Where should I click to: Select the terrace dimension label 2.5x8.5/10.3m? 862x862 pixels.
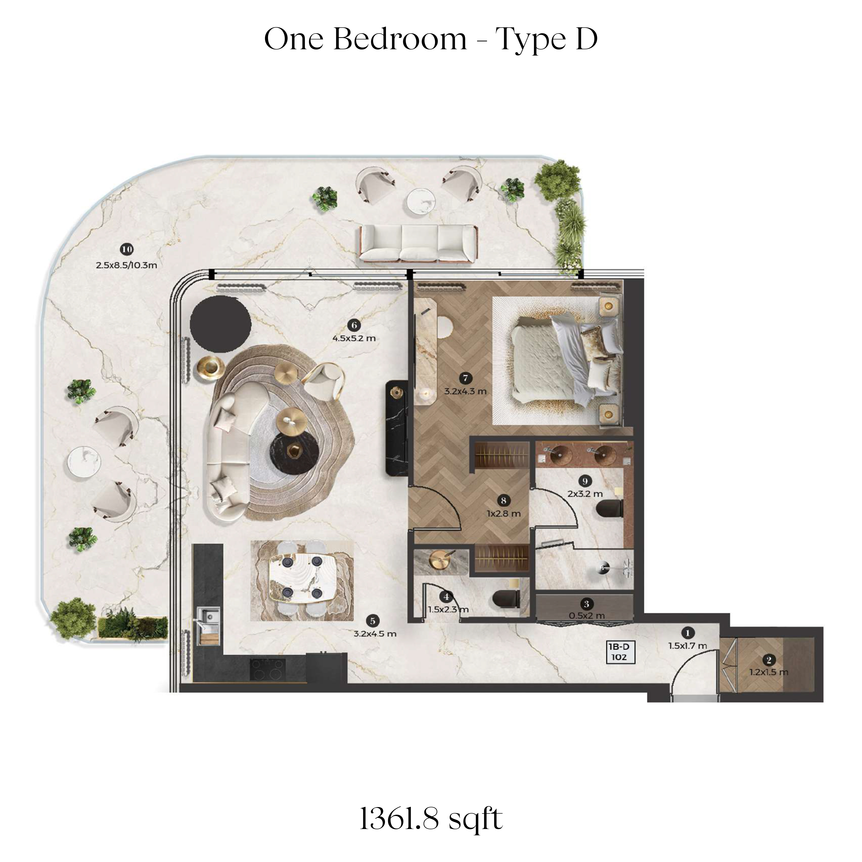(x=127, y=265)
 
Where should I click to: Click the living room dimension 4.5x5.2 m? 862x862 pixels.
(x=354, y=338)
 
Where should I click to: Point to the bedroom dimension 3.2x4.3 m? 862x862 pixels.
(x=465, y=391)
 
